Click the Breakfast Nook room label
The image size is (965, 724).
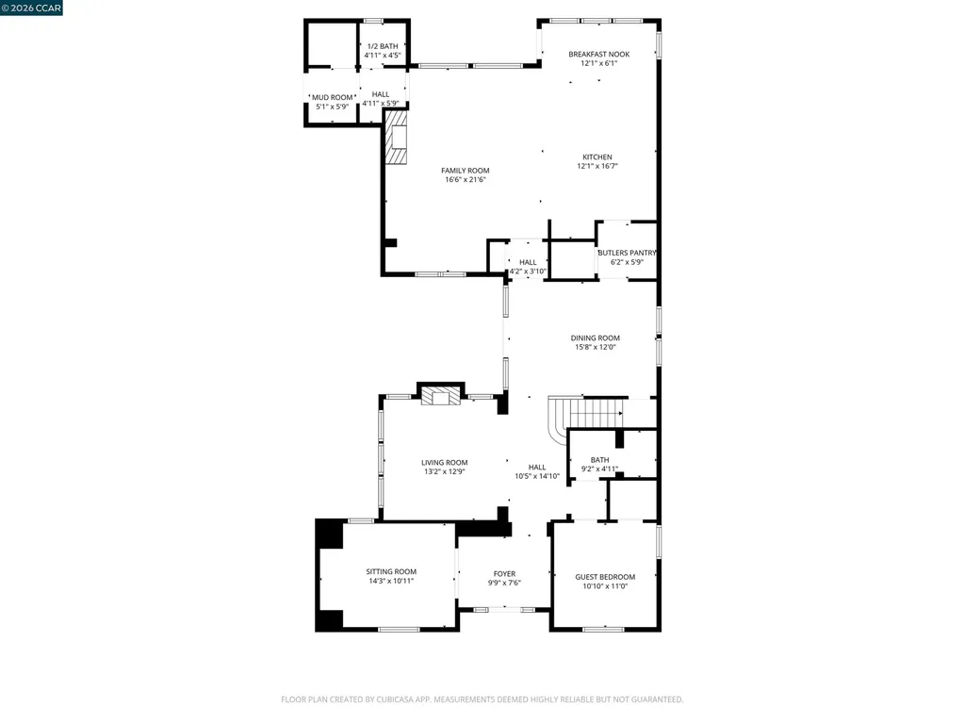point(598,54)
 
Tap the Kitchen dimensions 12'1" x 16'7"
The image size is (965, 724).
point(597,166)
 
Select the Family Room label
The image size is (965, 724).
point(466,171)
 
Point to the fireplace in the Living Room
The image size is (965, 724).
point(440,395)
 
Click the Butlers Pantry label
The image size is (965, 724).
point(626,253)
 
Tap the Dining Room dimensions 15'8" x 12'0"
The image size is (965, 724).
point(596,347)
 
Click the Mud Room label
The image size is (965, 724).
point(332,97)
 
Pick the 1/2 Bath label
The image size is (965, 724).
point(383,46)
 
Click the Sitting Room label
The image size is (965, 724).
point(391,571)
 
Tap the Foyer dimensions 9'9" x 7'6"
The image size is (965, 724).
point(504,583)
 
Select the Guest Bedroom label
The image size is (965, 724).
point(605,577)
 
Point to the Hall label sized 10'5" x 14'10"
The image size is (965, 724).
point(537,467)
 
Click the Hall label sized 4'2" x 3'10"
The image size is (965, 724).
point(528,262)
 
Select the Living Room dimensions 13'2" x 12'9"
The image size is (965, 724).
point(444,471)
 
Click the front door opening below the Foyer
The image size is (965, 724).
point(504,610)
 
